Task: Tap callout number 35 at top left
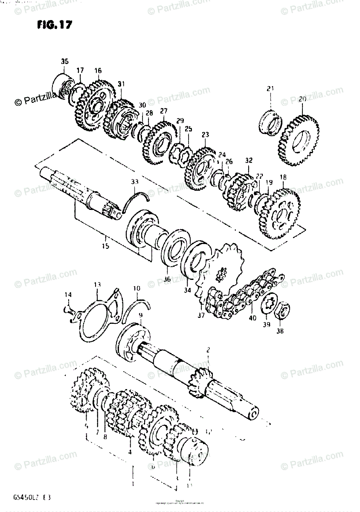(64, 62)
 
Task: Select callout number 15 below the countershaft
(105, 246)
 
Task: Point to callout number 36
(167, 279)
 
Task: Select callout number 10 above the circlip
(136, 289)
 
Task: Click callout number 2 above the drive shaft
(208, 351)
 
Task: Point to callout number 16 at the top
(98, 71)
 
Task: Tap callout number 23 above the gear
(206, 135)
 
